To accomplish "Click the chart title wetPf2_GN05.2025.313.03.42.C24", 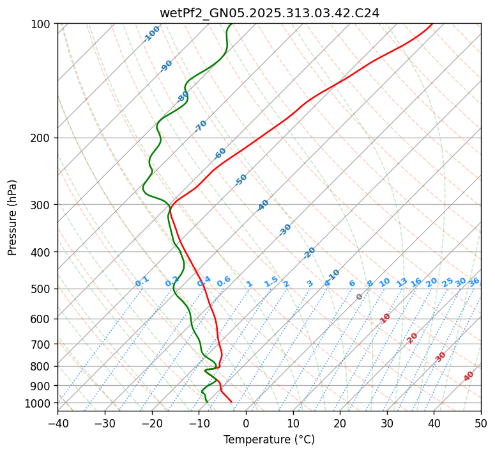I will pyautogui.click(x=269, y=13).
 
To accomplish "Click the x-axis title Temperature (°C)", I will pyautogui.click(x=269, y=440).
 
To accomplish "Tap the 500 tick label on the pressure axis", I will pyautogui.click(x=43, y=289).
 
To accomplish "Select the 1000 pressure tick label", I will pyautogui.click(x=40, y=403).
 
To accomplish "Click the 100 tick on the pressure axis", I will pyautogui.click(x=43, y=24).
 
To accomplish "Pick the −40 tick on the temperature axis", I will pyautogui.click(x=57, y=423).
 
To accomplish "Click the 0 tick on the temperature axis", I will pyautogui.click(x=246, y=423).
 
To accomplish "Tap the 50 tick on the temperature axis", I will pyautogui.click(x=481, y=423).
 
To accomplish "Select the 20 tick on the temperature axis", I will pyautogui.click(x=340, y=423).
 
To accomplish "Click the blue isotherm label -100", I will pyautogui.click(x=151, y=34).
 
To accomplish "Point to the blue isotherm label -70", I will pyautogui.click(x=201, y=126).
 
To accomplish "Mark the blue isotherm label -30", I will pyautogui.click(x=285, y=230).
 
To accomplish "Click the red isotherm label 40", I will pyautogui.click(x=469, y=376).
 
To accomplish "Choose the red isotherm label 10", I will pyautogui.click(x=385, y=318).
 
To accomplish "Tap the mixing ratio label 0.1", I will pyautogui.click(x=142, y=281).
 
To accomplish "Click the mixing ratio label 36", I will pyautogui.click(x=474, y=282).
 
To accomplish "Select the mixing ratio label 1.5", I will pyautogui.click(x=271, y=281).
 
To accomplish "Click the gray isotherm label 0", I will pyautogui.click(x=360, y=297).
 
